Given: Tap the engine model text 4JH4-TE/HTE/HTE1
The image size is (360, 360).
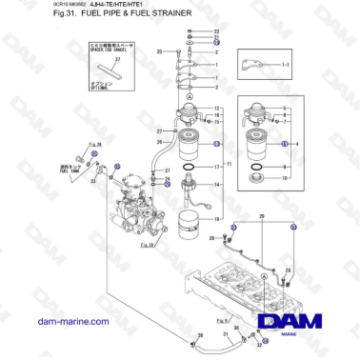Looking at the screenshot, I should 99,6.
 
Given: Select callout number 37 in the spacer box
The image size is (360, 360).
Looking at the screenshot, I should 117,58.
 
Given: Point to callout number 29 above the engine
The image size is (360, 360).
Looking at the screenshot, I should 261,218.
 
